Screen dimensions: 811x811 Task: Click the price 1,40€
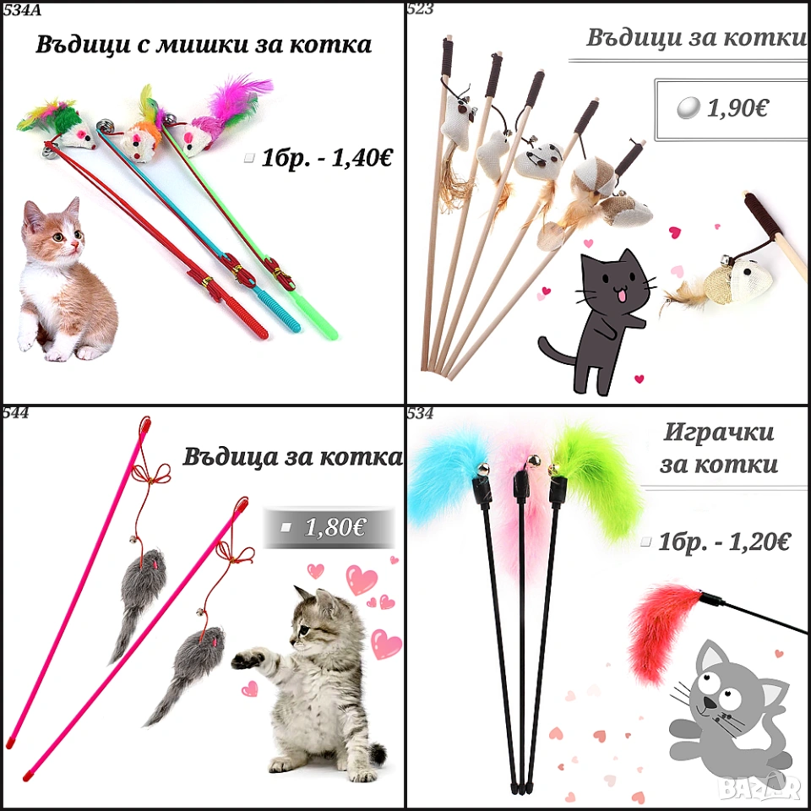click(361, 158)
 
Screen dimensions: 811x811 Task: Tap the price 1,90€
click(738, 108)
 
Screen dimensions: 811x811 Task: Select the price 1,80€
click(335, 527)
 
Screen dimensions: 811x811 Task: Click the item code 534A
click(22, 10)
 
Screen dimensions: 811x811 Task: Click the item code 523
click(420, 8)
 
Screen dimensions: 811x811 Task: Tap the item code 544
click(15, 413)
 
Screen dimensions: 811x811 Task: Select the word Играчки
click(718, 432)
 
